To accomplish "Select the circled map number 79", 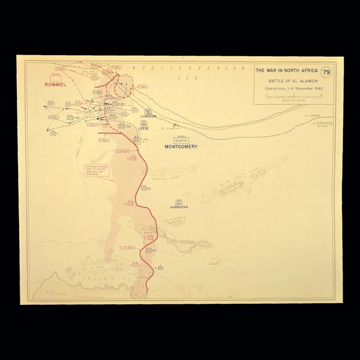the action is click(x=326, y=72).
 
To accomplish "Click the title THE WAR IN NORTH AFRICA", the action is click(x=285, y=70).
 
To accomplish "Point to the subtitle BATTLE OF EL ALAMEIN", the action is click(x=287, y=81).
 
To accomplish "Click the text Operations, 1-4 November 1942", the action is click(x=287, y=89).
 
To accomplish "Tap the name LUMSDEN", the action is click(x=148, y=116).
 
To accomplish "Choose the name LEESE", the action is click(x=143, y=128).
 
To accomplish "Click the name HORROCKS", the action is click(x=179, y=207).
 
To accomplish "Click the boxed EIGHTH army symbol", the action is click(x=181, y=139).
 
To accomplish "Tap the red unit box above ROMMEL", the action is click(x=56, y=78).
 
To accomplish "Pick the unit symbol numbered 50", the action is click(x=145, y=188).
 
